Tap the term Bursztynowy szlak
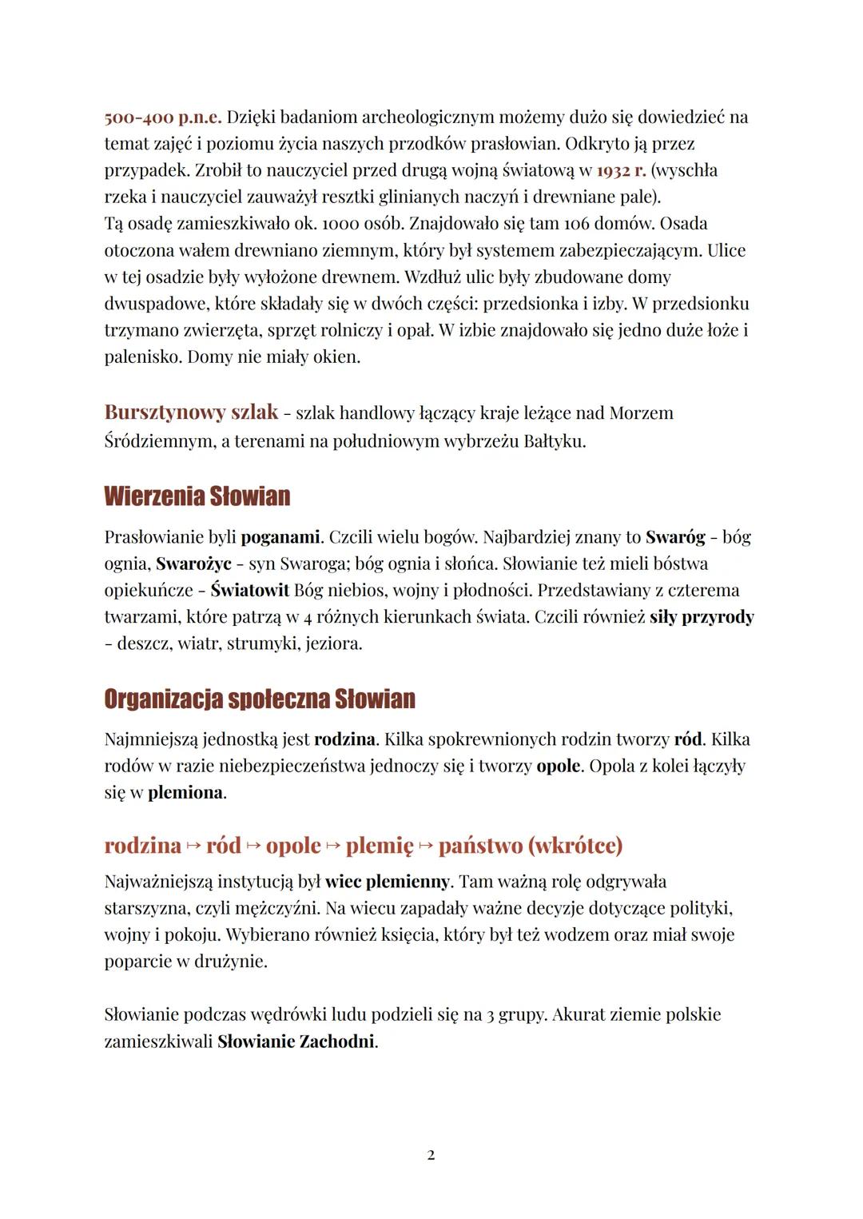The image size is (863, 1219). pyautogui.click(x=191, y=412)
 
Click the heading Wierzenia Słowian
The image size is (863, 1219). pyautogui.click(x=197, y=496)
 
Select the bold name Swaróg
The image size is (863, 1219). pyautogui.click(x=675, y=536)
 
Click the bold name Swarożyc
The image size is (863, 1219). pyautogui.click(x=193, y=564)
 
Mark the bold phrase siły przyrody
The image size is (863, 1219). pyautogui.click(x=702, y=617)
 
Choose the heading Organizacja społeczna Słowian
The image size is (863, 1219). pyautogui.click(x=260, y=699)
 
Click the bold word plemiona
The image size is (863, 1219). pyautogui.click(x=185, y=793)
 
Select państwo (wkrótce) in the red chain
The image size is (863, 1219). pyautogui.click(x=531, y=845)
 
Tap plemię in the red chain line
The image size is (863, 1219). pyautogui.click(x=380, y=845)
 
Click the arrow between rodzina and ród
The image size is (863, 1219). pyautogui.click(x=193, y=846)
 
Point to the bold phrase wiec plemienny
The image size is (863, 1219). pyautogui.click(x=388, y=882)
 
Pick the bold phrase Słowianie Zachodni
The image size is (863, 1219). pyautogui.click(x=296, y=1042)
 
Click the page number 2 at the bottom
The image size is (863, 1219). pyautogui.click(x=431, y=1155)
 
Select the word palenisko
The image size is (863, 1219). pyautogui.click(x=143, y=357)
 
